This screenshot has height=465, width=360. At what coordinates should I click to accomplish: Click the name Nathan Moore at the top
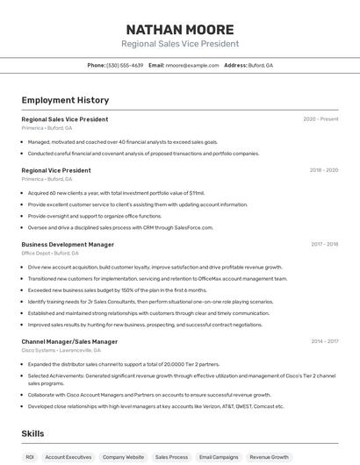coord(180,29)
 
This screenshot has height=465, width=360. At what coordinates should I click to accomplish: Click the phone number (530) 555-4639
coord(125,65)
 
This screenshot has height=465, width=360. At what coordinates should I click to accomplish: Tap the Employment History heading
coord(65,100)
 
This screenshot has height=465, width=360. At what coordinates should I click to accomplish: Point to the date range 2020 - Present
coord(320,119)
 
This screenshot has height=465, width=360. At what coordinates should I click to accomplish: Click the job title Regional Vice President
coord(56,170)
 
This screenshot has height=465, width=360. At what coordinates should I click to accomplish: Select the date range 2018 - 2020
coord(324,170)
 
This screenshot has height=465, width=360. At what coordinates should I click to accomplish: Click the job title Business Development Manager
coord(68,245)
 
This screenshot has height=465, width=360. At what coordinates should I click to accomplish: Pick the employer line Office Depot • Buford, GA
coord(50,254)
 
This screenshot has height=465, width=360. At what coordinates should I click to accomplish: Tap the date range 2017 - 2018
coord(324,245)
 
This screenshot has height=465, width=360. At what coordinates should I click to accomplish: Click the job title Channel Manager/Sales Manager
coord(69,341)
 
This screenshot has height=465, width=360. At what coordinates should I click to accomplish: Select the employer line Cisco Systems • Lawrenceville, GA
coord(60,350)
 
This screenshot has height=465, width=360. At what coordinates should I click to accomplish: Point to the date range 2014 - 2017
coord(324,341)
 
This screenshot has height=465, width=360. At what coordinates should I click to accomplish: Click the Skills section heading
coord(32,433)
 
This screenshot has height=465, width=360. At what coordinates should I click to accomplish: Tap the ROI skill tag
coord(30,457)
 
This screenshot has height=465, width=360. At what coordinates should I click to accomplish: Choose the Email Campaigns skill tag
coord(219,457)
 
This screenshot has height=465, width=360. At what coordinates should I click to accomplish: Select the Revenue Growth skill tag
coord(269,457)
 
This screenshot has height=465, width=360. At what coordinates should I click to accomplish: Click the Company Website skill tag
coord(123,457)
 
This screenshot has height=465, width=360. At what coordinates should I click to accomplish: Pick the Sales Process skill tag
coord(171,457)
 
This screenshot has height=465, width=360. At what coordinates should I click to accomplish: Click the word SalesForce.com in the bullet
coord(194,227)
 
